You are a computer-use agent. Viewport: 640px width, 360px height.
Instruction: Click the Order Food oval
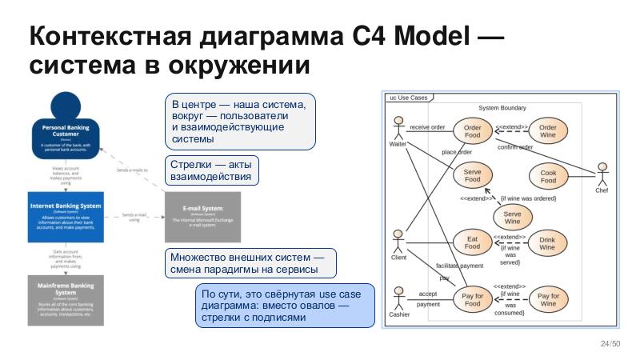tap(472, 131)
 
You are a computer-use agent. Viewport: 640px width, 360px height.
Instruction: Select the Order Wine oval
tap(548, 131)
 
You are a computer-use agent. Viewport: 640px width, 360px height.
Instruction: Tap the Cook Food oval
tap(548, 177)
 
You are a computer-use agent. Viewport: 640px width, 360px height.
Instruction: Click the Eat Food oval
tap(472, 243)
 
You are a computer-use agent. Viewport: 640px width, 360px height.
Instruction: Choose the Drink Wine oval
tap(547, 243)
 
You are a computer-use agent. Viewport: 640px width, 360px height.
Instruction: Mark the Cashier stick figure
tap(398, 298)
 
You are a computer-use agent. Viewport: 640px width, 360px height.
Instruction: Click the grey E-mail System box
tap(202, 217)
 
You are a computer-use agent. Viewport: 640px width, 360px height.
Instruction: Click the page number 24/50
tap(610, 344)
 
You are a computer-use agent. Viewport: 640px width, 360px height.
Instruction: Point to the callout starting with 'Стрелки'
tap(211, 170)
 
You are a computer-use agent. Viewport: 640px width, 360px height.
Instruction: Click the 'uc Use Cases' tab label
tap(408, 98)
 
